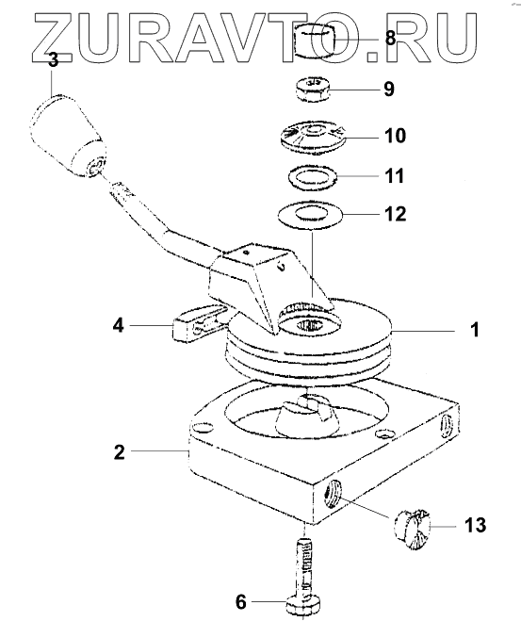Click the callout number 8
click(390, 39)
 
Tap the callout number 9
click(389, 89)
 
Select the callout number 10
click(395, 135)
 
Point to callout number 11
click(394, 176)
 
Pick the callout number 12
click(395, 214)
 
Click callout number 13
click(475, 525)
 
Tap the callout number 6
click(241, 602)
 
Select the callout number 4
click(118, 325)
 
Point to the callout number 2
click(119, 451)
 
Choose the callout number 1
click(475, 330)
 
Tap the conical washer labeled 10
click(313, 137)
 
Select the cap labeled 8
click(315, 41)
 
